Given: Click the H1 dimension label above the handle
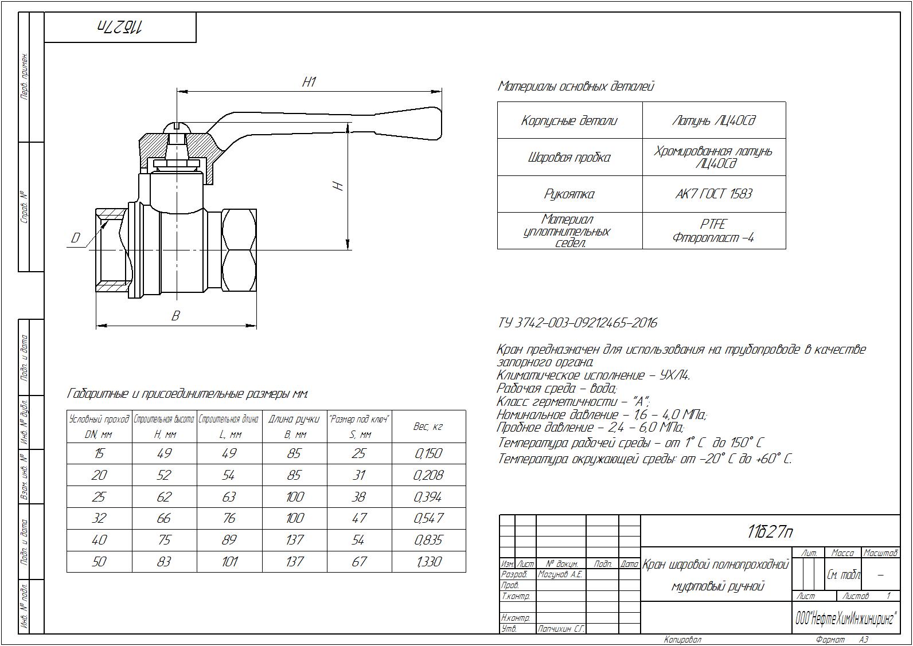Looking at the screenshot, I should [x=309, y=82].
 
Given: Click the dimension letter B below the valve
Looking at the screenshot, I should [x=176, y=315].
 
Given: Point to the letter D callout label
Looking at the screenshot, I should [x=75, y=238].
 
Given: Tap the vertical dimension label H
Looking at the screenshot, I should [x=338, y=186].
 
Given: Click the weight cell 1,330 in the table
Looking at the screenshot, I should [x=428, y=562].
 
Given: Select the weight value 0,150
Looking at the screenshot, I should [x=428, y=453].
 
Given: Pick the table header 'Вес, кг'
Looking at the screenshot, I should [x=428, y=426].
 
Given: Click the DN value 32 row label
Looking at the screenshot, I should [x=99, y=518].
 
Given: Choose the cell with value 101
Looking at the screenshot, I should [x=229, y=562].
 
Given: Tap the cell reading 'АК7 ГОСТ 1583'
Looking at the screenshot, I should [x=713, y=194].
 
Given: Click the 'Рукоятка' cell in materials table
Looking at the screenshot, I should [x=569, y=194].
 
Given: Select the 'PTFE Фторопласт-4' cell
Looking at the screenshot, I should [x=713, y=231].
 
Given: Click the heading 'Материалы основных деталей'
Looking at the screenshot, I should [x=575, y=87].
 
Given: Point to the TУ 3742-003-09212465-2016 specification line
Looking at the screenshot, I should [x=577, y=323].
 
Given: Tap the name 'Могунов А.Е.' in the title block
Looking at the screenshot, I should [x=560, y=574].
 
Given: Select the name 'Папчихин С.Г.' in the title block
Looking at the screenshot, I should [x=560, y=629].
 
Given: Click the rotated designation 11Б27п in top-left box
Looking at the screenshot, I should [x=120, y=28].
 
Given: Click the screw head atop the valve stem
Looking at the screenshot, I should [x=177, y=127].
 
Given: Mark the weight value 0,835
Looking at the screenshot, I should [x=428, y=540].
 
